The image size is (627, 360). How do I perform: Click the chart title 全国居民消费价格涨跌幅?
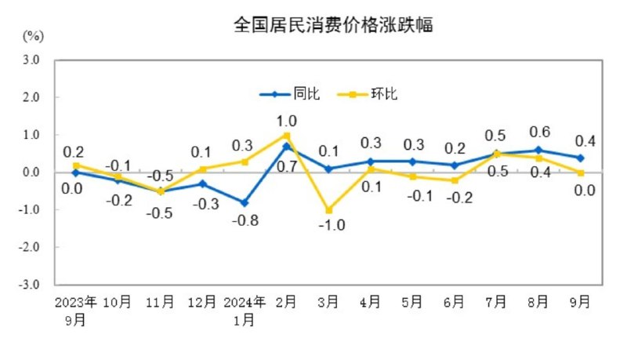[x=334, y=25]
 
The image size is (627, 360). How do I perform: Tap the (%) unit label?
[x=33, y=36]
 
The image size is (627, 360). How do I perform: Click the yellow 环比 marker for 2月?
[x=287, y=136]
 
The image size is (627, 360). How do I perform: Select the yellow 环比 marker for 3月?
[x=328, y=210]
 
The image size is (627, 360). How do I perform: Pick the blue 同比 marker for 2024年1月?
[x=245, y=202]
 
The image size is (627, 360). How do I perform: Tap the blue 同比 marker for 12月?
[x=202, y=184]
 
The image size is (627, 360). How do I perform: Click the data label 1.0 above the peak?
[x=287, y=121]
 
